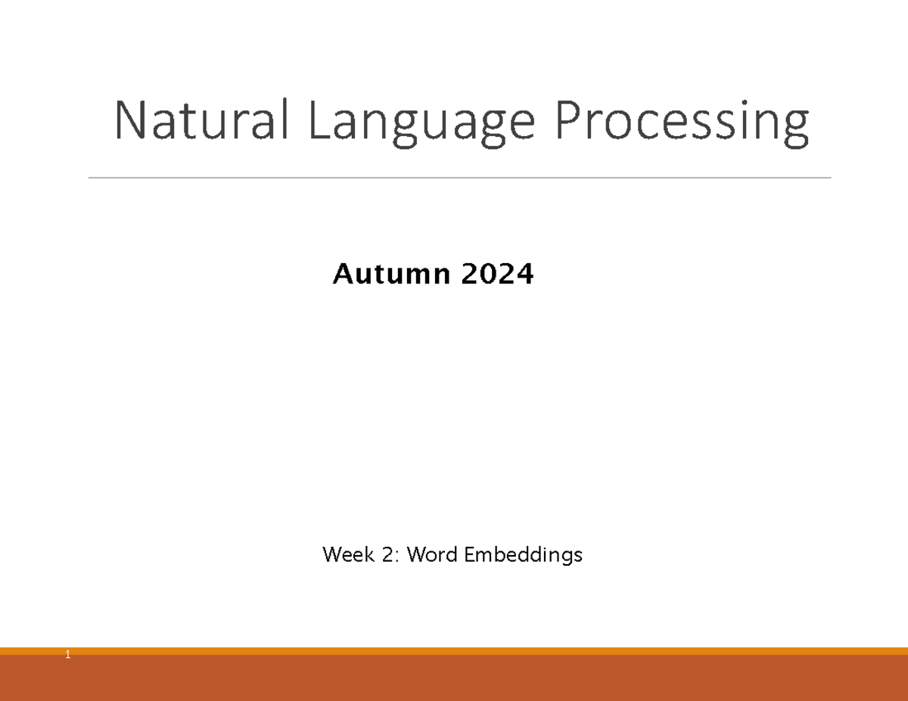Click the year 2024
(496, 275)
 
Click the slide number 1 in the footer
(67, 655)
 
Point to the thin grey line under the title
(459, 178)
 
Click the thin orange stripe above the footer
(454, 651)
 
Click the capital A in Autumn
(342, 275)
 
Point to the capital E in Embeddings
(468, 555)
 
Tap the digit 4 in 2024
(524, 275)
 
